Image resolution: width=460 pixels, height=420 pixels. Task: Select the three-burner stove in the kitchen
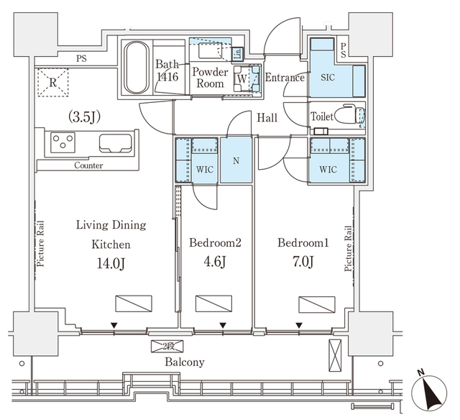tap(63, 142)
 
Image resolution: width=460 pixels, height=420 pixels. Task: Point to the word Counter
tap(88, 165)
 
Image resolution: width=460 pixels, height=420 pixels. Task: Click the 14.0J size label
tap(111, 264)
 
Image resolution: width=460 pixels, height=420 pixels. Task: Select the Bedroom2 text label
tap(214, 243)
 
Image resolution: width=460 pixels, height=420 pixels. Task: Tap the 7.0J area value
tap(302, 262)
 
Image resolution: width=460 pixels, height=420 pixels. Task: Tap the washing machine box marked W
tap(243, 78)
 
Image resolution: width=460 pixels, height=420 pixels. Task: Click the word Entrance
tap(284, 78)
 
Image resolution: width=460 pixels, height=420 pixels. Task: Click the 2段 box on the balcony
tap(166, 347)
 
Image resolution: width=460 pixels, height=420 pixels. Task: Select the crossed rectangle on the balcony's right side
tap(333, 355)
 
